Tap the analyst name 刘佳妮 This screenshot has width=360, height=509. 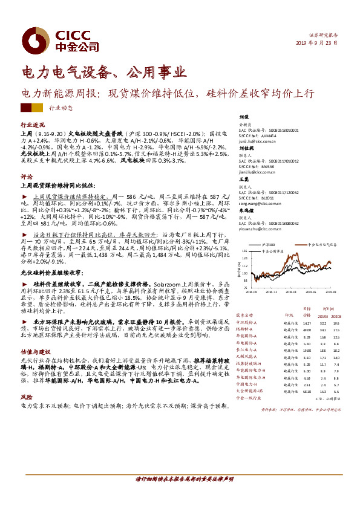pyautogui.click(x=245, y=148)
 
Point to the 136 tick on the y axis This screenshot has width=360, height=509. pyautogui.click(x=244, y=250)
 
